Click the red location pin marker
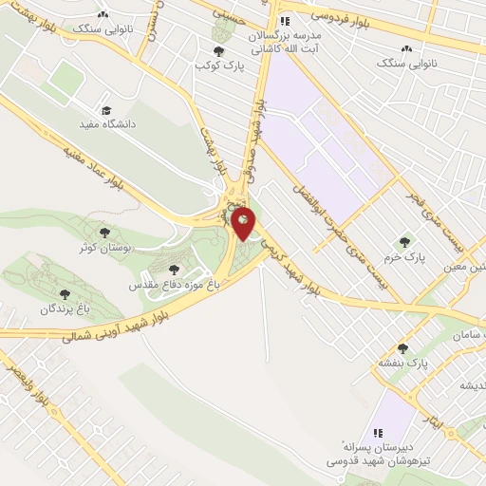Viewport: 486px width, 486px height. (x=244, y=224)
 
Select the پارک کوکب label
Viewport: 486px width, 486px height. (x=214, y=65)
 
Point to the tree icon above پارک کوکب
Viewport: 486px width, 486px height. (x=219, y=50)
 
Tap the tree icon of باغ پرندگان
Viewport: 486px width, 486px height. (x=65, y=294)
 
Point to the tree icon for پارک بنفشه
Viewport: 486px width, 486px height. (x=403, y=348)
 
